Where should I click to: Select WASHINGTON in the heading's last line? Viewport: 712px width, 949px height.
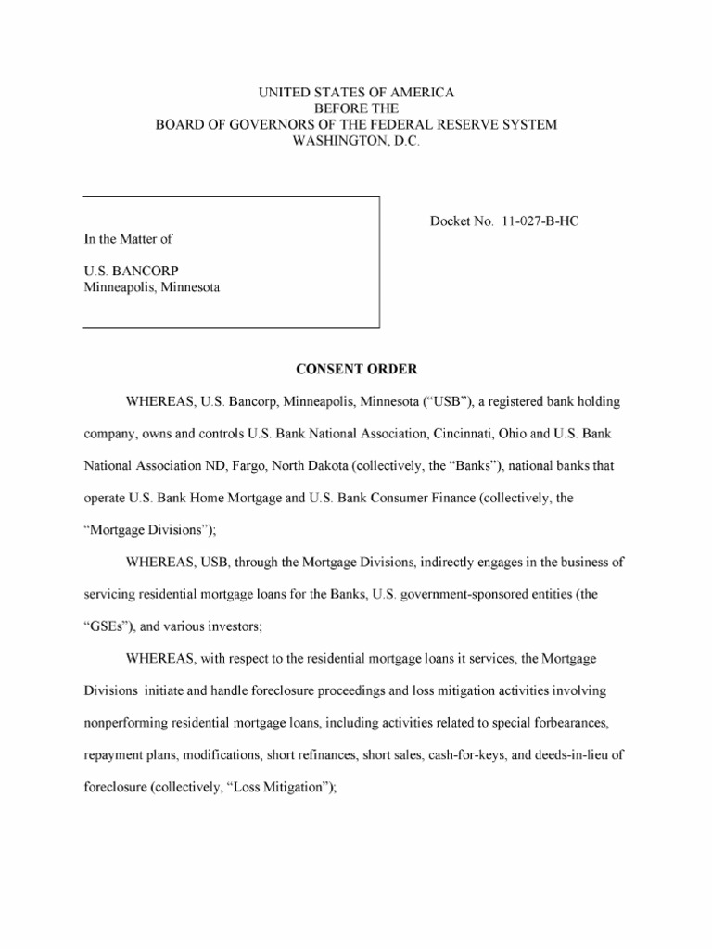[331, 140]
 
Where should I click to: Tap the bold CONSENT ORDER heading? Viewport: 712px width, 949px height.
[356, 369]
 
